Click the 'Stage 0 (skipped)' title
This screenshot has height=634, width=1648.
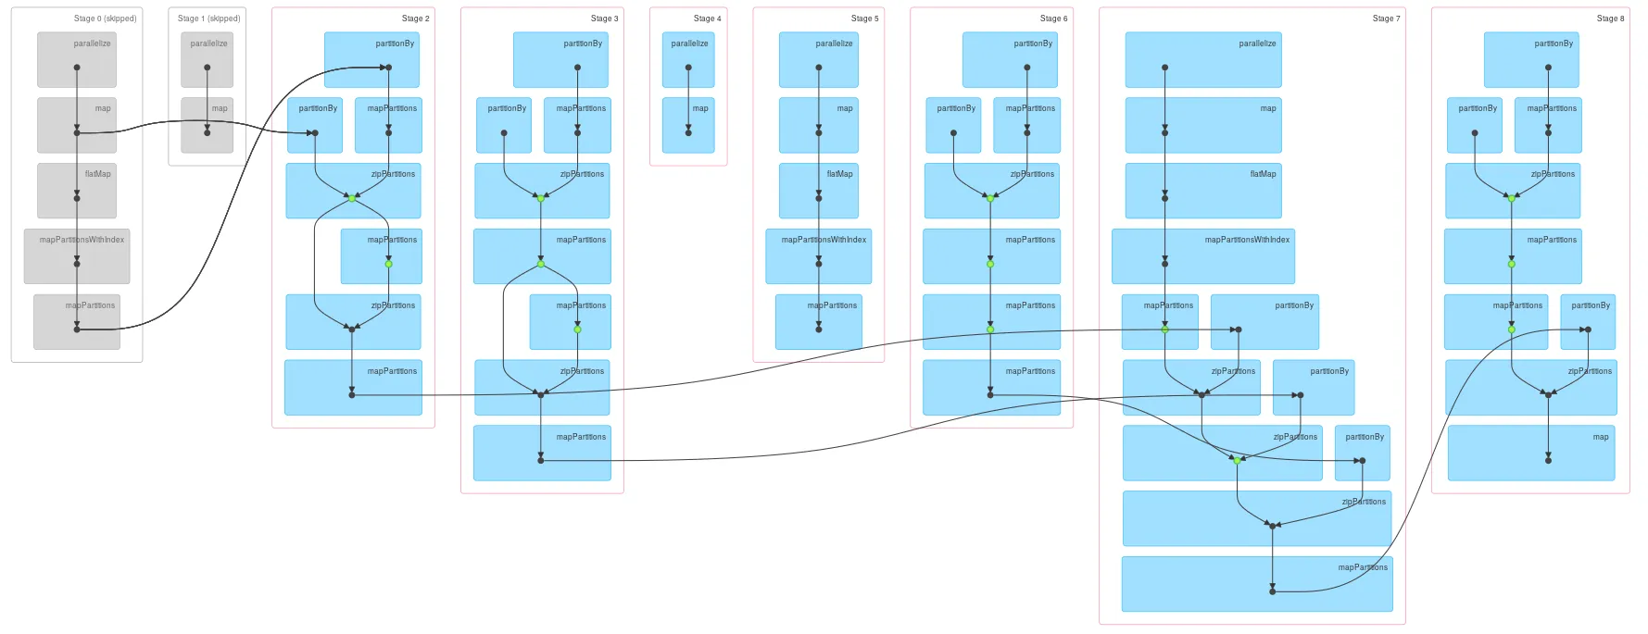(x=105, y=19)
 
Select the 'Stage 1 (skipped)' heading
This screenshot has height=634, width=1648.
(x=208, y=19)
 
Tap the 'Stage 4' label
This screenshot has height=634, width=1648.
(x=707, y=19)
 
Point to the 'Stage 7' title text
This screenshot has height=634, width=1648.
(x=1386, y=19)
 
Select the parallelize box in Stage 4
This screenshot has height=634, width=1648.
(x=688, y=60)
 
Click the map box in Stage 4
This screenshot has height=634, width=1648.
(x=688, y=125)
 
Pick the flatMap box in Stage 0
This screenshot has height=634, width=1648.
(x=77, y=191)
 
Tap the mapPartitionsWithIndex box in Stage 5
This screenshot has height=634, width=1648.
(x=818, y=256)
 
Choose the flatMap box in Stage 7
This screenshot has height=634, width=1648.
(x=1202, y=191)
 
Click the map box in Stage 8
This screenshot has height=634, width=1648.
(x=1530, y=453)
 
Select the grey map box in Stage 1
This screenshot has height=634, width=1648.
(x=207, y=125)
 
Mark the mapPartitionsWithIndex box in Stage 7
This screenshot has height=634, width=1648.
(x=1202, y=256)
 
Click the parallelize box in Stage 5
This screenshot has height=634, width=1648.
(x=818, y=60)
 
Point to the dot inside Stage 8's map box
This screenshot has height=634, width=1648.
(x=1548, y=460)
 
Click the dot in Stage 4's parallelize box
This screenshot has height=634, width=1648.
(x=688, y=68)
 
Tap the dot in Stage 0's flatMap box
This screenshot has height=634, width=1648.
(x=77, y=198)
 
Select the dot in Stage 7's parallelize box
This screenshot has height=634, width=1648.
(x=1164, y=68)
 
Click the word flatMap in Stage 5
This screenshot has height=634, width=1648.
(x=839, y=174)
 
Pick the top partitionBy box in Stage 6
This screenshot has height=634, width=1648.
(x=1010, y=60)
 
